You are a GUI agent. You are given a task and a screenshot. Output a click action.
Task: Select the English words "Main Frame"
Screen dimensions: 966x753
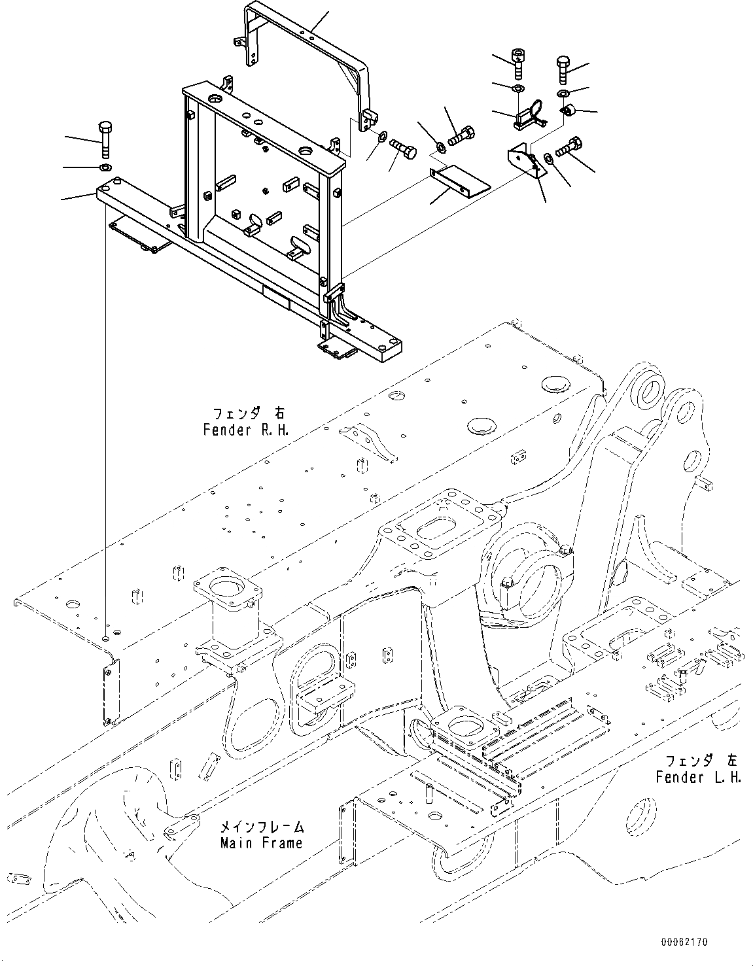click(262, 842)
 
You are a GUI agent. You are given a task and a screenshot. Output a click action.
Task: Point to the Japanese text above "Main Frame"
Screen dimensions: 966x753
click(263, 827)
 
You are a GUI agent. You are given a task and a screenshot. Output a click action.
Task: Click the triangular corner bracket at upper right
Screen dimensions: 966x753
click(527, 164)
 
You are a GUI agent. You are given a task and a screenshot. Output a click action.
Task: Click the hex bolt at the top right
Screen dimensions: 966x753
click(564, 69)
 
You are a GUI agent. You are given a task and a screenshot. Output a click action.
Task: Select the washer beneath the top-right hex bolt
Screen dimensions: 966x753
click(563, 95)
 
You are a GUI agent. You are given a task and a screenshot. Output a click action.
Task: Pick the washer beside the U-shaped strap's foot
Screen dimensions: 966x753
click(380, 139)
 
